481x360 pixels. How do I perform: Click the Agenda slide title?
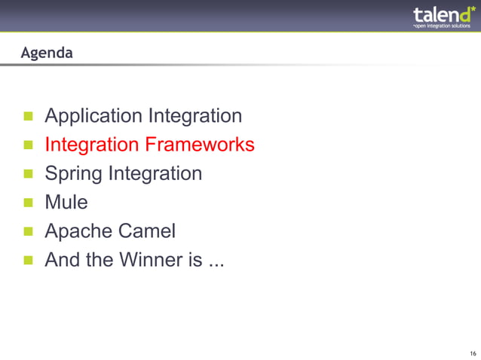[47, 53]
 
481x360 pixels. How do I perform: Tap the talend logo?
[443, 16]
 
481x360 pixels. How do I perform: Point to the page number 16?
[472, 353]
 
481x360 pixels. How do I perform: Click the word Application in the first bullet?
[93, 117]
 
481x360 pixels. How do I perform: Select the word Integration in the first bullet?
[195, 117]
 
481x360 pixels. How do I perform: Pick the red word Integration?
[92, 145]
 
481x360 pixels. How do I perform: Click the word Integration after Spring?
[155, 174]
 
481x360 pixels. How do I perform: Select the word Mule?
[66, 203]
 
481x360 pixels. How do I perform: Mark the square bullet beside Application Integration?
[29, 117]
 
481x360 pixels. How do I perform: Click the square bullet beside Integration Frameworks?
[29, 145]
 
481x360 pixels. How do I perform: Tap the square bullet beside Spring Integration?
[29, 174]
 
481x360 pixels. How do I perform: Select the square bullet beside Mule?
[29, 203]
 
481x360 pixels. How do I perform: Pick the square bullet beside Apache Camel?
[29, 231]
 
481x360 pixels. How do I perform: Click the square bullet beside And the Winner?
[29, 260]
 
